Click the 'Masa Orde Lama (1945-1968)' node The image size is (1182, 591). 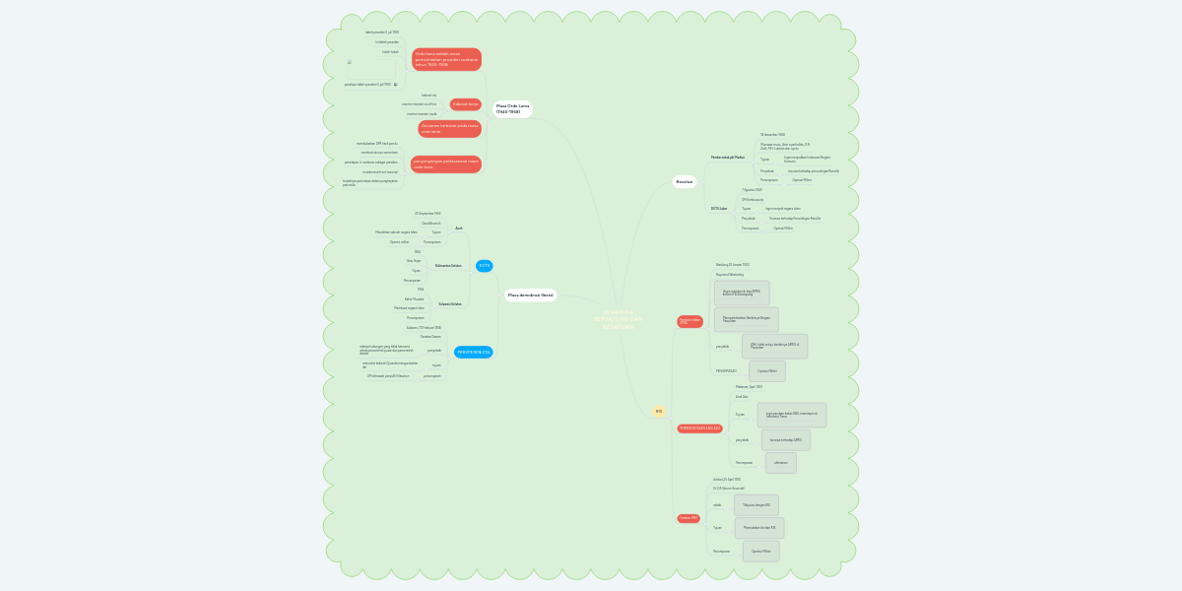pos(512,108)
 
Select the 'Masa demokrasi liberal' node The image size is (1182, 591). pos(531,295)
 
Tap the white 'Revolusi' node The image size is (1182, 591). pos(684,181)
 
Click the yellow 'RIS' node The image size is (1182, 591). pos(659,411)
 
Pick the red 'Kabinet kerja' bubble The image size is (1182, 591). pos(465,103)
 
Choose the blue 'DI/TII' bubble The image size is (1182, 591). pos(484,266)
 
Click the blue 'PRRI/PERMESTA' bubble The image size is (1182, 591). pos(473,352)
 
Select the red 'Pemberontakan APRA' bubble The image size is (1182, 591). pos(689,321)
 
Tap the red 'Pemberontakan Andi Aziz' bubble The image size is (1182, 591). pos(700,427)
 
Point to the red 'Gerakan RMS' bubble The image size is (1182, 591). pos(689,517)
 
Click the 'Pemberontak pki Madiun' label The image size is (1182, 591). pos(728,158)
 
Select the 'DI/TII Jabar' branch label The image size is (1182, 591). pos(720,208)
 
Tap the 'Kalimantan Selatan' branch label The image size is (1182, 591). pos(448,266)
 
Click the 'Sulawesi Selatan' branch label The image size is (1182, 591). pos(449,303)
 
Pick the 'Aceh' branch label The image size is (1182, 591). pos(458,228)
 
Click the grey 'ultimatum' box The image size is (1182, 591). pos(781,463)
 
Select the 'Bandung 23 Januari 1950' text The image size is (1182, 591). pos(733,265)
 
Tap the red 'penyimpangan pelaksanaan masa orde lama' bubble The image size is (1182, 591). pos(446,164)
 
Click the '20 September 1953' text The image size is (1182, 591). pos(427,213)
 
